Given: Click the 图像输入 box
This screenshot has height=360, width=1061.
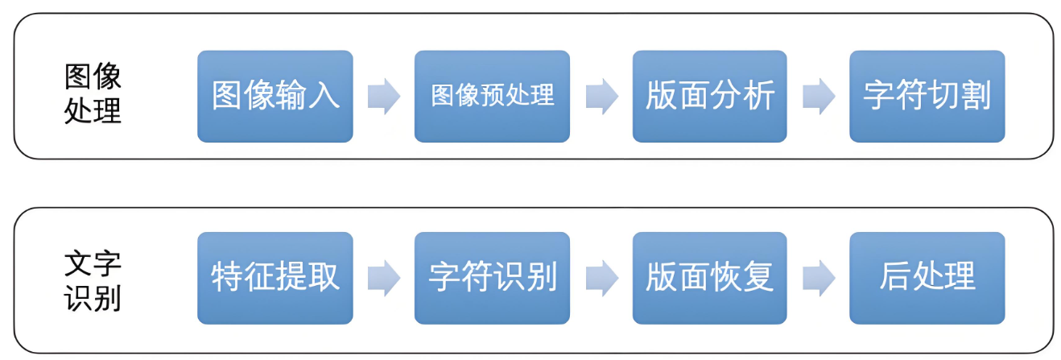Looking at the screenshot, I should (275, 97).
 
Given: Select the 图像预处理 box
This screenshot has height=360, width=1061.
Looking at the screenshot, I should (492, 97).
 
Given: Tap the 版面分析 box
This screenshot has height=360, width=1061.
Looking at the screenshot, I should (709, 97).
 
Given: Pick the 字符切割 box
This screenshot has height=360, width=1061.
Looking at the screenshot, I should (927, 97).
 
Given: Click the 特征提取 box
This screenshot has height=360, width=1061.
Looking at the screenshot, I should (275, 278).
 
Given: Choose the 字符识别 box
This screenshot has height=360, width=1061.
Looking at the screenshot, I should (492, 278).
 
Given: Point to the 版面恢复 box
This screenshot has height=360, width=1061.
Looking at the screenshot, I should (709, 278).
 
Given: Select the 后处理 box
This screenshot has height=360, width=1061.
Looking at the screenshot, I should (927, 278).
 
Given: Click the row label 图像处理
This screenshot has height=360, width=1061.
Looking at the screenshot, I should (93, 94).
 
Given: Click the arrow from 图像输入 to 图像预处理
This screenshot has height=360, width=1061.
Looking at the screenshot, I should (384, 97).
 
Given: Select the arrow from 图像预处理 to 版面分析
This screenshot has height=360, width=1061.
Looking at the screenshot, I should (601, 97).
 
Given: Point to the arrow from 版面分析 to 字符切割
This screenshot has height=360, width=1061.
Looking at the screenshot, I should (819, 97).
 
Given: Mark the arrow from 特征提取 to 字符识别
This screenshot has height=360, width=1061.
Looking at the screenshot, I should (384, 278).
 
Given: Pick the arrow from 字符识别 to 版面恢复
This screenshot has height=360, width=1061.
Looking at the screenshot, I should (601, 278).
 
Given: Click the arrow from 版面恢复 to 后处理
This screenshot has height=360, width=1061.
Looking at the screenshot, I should (819, 278).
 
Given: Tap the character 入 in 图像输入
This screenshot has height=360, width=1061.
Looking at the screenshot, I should (324, 97).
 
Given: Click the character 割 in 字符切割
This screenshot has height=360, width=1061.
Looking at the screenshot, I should (975, 97).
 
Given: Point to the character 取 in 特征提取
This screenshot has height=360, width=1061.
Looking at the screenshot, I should (324, 278).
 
